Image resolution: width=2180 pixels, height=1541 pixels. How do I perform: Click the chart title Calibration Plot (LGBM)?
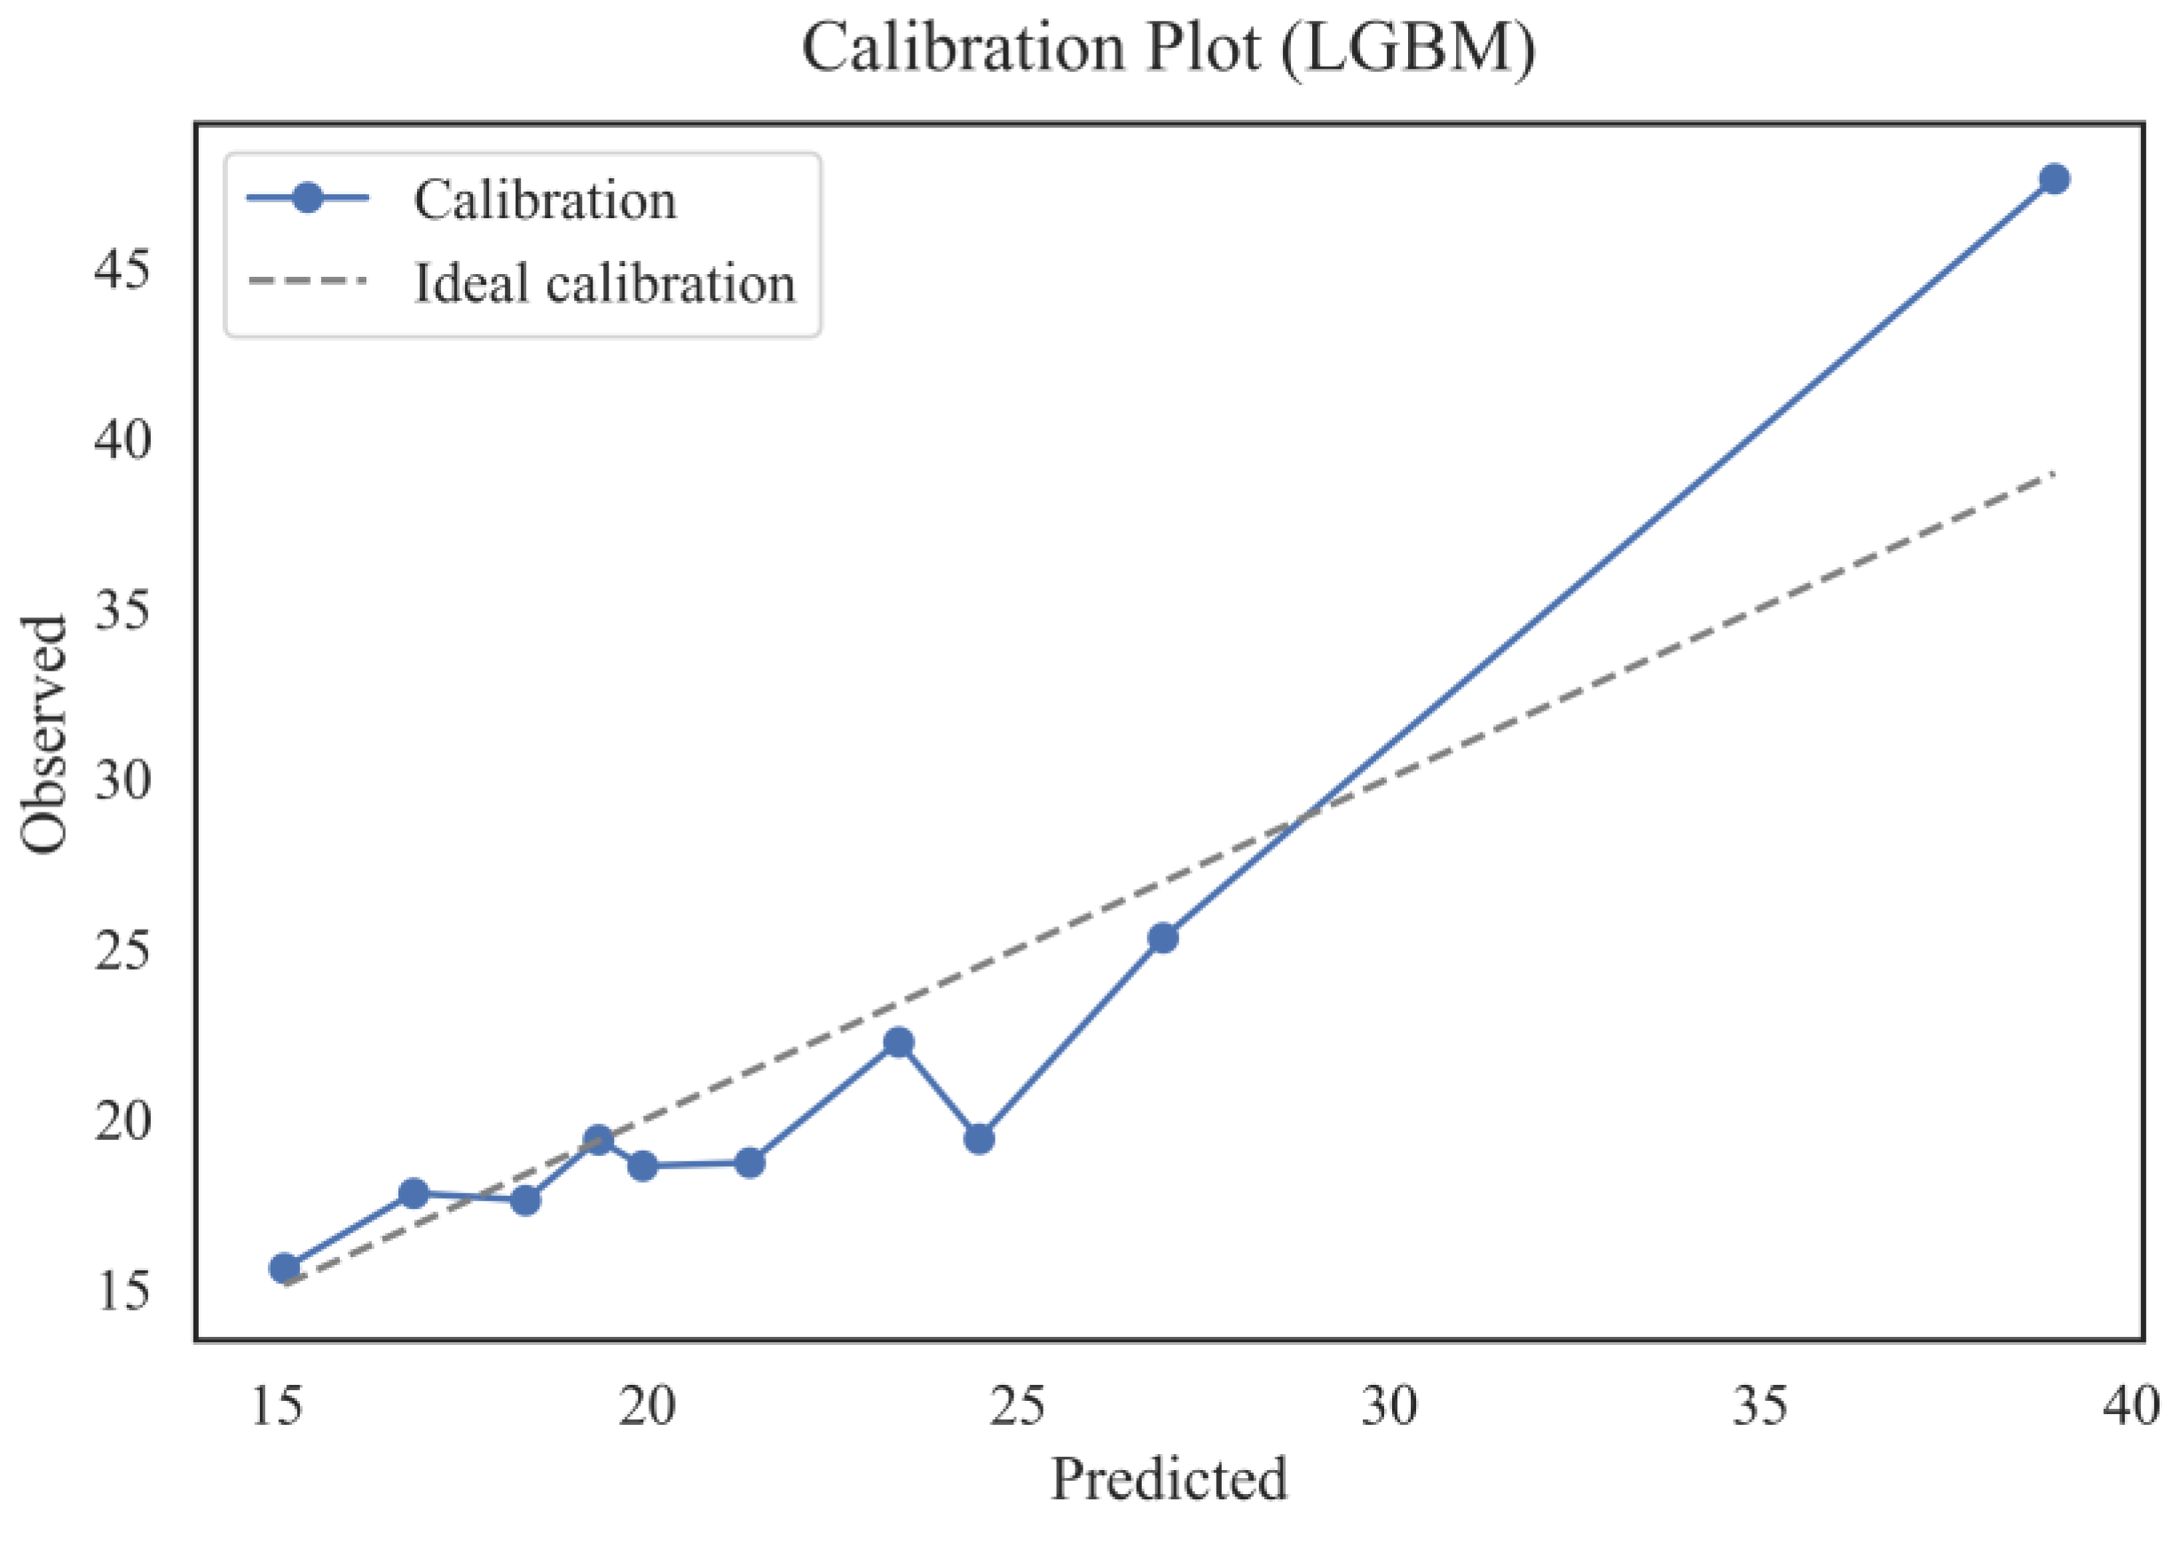tap(1168, 48)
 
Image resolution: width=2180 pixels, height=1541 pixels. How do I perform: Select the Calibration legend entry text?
tap(545, 200)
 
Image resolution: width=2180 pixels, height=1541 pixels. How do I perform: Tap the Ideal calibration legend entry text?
tap(604, 283)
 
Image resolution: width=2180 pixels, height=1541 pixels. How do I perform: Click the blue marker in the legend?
tap(307, 198)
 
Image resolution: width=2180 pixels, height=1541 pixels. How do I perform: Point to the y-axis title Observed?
tap(43, 734)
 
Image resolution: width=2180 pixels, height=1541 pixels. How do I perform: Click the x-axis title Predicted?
tap(1168, 1478)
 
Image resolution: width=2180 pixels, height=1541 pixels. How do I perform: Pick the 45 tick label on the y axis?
tap(122, 271)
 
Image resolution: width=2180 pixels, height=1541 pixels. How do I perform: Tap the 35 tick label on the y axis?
tap(122, 610)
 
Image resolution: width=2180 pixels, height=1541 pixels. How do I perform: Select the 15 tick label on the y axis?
tap(122, 1292)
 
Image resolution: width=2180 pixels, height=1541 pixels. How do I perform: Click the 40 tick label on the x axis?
tap(2130, 1406)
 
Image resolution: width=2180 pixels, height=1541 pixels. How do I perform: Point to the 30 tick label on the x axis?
tap(1389, 1406)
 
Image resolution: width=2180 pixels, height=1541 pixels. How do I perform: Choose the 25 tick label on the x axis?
tap(1018, 1406)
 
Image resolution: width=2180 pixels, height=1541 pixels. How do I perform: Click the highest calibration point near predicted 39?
tap(2054, 178)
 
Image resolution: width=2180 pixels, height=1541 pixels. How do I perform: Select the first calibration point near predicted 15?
tap(284, 1268)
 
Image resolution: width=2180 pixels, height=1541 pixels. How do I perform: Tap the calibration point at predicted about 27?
tap(1163, 938)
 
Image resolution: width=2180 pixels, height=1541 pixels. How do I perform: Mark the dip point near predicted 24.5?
tap(979, 1138)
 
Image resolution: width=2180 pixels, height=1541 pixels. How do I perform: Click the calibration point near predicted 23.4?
tap(898, 1042)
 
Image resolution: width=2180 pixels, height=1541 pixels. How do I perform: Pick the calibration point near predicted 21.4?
tap(749, 1162)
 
